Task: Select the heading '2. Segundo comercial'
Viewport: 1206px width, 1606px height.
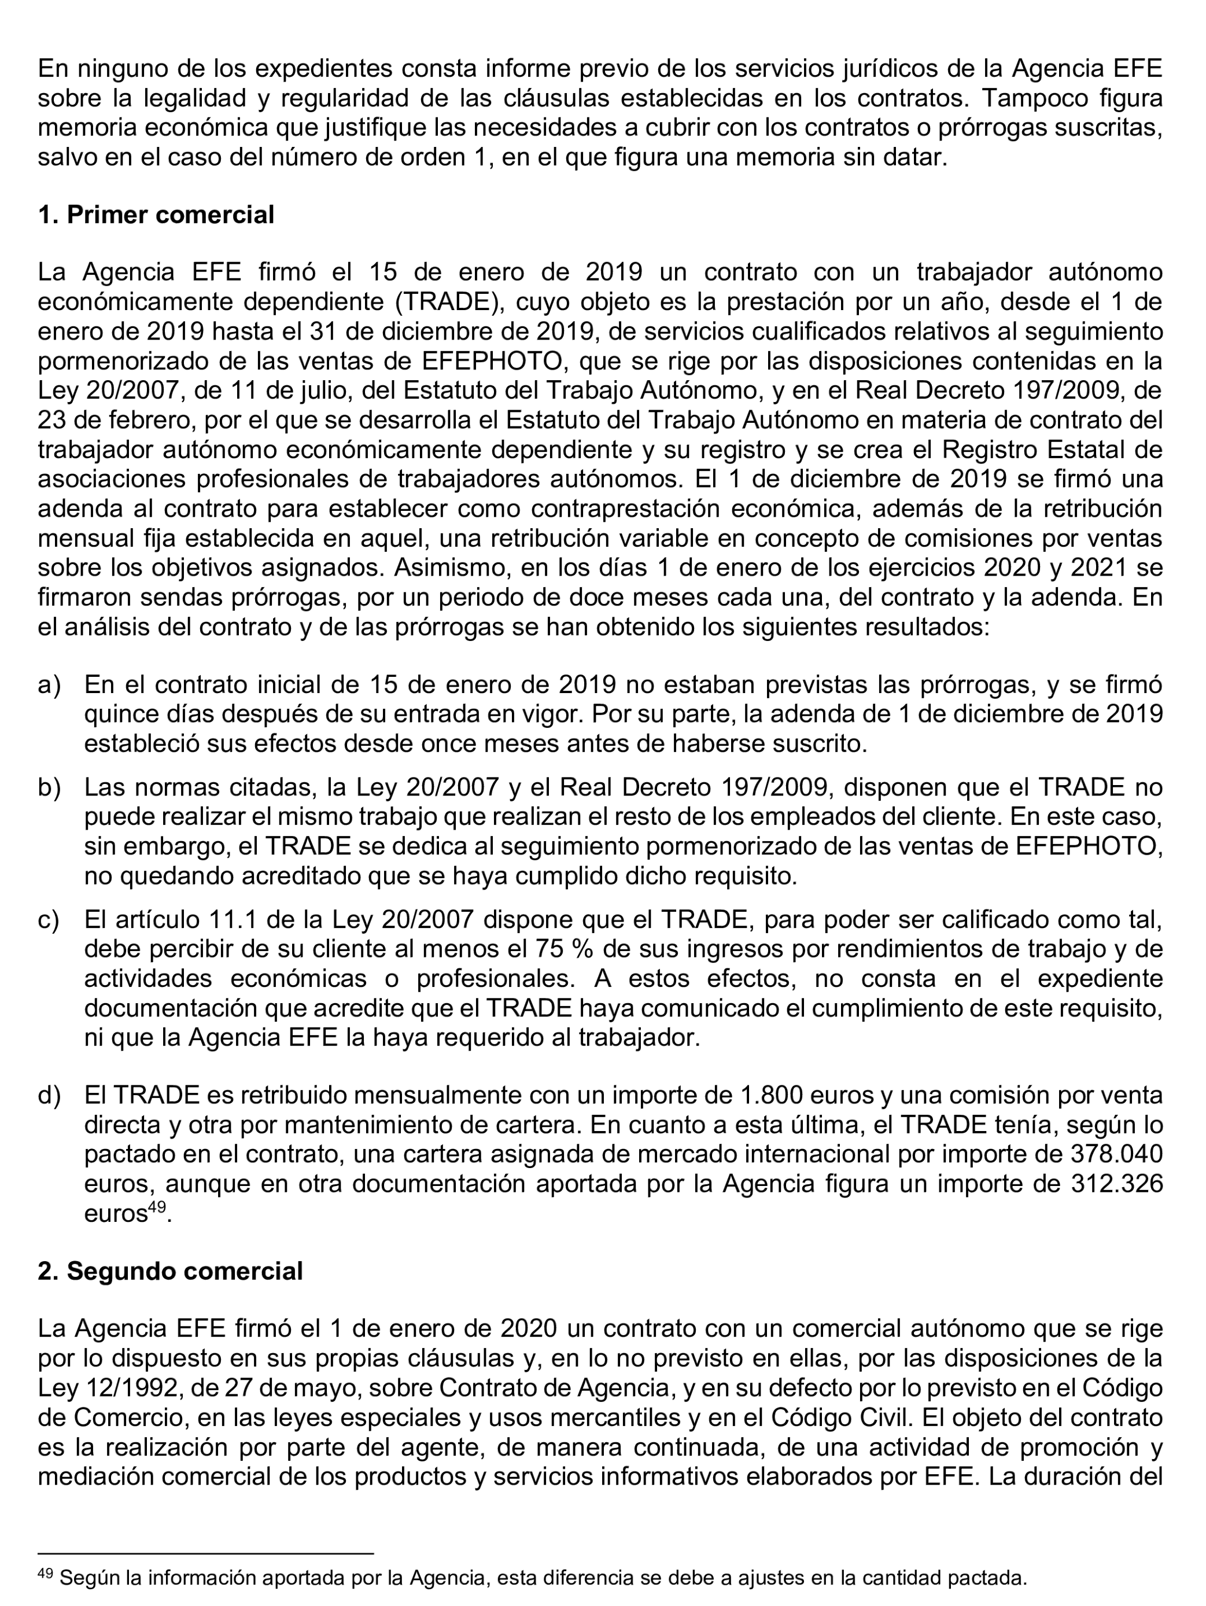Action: pos(170,1271)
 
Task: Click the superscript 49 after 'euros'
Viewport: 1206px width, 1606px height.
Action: pos(157,1207)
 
